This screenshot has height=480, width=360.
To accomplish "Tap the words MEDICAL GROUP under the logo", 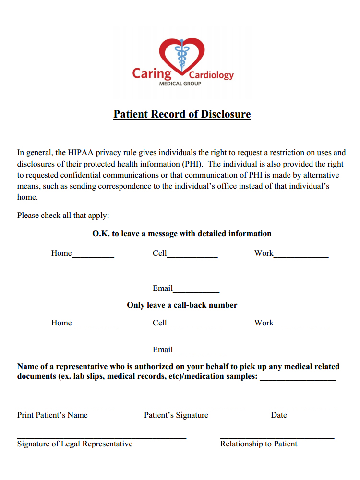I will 180,84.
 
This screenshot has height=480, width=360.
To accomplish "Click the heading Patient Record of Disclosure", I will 182,114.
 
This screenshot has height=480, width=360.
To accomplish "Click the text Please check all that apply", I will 63,215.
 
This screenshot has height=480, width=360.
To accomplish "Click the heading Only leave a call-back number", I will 182,305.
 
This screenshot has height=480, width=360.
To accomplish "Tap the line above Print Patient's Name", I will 66,408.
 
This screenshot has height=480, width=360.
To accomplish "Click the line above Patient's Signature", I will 194,408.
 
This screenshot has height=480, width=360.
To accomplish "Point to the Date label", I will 279,415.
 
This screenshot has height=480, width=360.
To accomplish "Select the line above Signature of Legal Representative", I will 101,437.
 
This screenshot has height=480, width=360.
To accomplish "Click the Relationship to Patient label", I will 259,444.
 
